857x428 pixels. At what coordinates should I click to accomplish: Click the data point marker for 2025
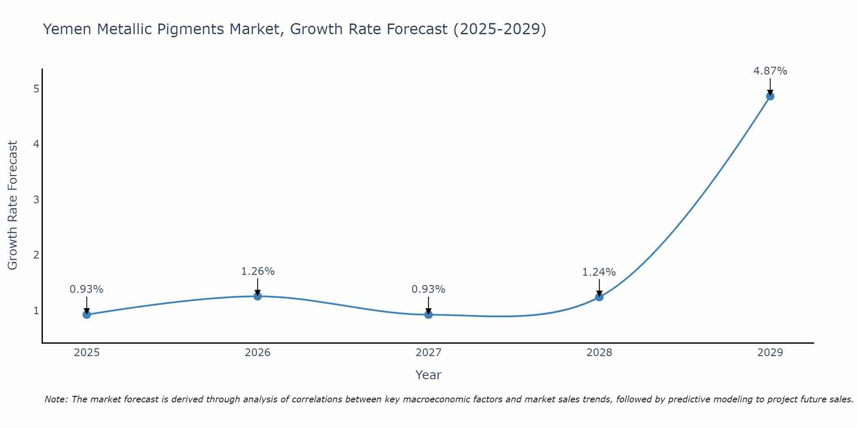[x=87, y=315]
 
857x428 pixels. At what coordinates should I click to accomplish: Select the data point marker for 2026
[x=258, y=296]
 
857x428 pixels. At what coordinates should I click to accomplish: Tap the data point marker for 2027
[x=428, y=315]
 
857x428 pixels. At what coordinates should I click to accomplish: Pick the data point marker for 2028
[x=599, y=297]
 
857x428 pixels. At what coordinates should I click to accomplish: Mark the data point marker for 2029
[x=770, y=96]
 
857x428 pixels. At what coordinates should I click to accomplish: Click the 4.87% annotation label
[x=770, y=71]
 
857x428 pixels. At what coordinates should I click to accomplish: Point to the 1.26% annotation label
[x=258, y=271]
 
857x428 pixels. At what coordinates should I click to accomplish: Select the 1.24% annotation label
[x=599, y=272]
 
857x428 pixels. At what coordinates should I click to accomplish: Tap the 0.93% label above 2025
[x=87, y=289]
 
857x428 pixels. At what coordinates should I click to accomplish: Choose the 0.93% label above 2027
[x=428, y=289]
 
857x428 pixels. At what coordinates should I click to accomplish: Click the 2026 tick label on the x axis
[x=258, y=353]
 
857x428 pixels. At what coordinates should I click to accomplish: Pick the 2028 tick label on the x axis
[x=599, y=353]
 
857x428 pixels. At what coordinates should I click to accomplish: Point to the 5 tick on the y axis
[x=36, y=89]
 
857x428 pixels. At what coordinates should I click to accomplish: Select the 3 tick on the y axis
[x=36, y=199]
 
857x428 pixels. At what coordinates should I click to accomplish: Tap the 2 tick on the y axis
[x=36, y=255]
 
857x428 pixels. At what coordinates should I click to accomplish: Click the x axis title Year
[x=428, y=375]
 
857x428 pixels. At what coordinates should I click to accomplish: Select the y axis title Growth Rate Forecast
[x=13, y=205]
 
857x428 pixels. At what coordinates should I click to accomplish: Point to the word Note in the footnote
[x=55, y=399]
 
